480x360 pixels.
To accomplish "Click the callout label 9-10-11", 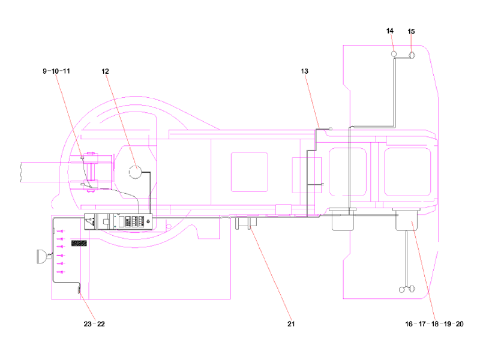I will (x=56, y=71).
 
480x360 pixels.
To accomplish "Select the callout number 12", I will (x=105, y=71).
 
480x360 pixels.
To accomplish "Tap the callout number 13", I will (x=305, y=71).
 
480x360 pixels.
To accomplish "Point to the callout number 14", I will (x=390, y=31).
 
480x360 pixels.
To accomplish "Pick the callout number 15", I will (x=411, y=31).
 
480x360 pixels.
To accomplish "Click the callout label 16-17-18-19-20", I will (x=434, y=324).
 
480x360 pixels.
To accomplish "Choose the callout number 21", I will (x=291, y=324).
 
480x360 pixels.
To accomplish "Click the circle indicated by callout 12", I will (x=136, y=172).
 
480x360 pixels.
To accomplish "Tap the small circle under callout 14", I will (x=394, y=54).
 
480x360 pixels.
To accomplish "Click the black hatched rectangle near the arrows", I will (x=79, y=243).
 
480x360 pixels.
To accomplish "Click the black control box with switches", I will (x=119, y=220).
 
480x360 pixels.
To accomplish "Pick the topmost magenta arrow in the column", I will (x=60, y=230).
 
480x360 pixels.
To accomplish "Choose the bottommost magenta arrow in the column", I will (x=60, y=272).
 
